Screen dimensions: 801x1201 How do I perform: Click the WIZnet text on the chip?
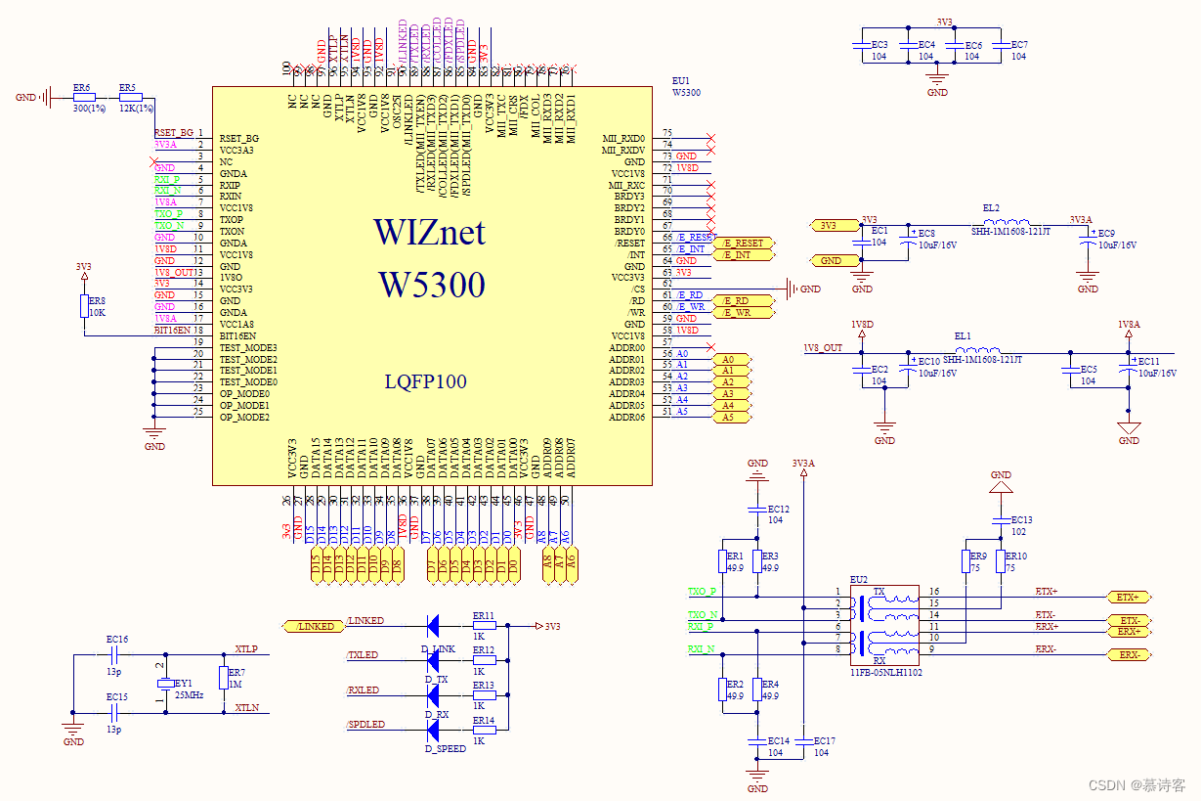click(x=428, y=232)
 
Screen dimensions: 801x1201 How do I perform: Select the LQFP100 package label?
click(x=425, y=382)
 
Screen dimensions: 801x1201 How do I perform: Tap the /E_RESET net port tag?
click(x=744, y=243)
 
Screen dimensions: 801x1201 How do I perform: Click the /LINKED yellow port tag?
click(x=313, y=626)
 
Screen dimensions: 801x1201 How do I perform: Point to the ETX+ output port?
click(x=1128, y=597)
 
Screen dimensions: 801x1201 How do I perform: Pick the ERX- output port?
click(x=1130, y=654)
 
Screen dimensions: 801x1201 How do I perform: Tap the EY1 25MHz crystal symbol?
click(x=166, y=684)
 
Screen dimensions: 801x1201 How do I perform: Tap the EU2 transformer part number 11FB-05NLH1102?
click(x=885, y=673)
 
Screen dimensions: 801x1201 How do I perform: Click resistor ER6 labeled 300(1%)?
click(x=84, y=98)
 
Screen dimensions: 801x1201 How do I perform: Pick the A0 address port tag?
click(x=728, y=360)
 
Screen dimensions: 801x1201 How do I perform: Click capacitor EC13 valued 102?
click(x=1001, y=520)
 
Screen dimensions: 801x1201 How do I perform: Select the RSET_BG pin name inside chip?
click(x=239, y=139)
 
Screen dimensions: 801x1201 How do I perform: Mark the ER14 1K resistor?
click(x=484, y=731)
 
